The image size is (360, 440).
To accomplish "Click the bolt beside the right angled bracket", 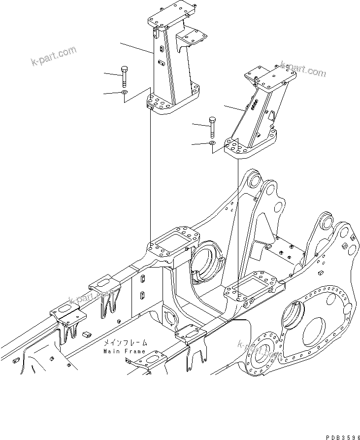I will pos(212,128).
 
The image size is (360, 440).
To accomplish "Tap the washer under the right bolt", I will pos(212,143).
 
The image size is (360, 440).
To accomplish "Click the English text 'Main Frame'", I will pos(124,351).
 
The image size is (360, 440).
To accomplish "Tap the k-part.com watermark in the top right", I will pos(303,69).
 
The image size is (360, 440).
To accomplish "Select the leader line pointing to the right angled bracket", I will pos(234,108).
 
